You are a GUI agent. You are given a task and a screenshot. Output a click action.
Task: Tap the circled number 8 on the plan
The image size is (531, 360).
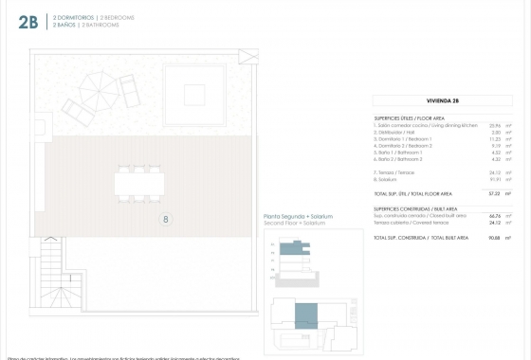click(167, 220)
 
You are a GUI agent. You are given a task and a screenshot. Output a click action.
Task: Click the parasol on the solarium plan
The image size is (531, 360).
click(96, 92)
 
